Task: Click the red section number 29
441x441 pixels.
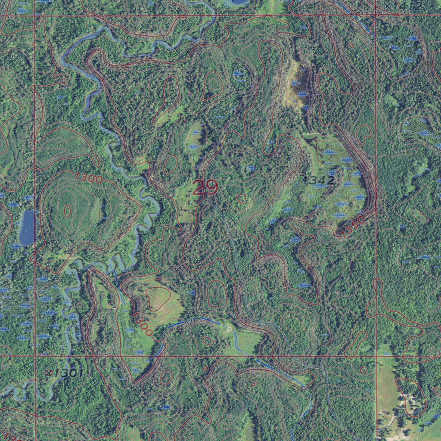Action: point(205,188)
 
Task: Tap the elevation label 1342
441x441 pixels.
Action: point(319,180)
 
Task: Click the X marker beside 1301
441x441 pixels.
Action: point(49,371)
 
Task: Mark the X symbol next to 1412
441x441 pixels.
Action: point(389,5)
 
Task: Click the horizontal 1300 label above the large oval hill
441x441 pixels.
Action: point(88,177)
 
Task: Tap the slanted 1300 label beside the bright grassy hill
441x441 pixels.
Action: point(142,324)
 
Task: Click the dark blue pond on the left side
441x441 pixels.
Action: point(27,227)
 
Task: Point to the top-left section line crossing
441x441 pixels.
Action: point(34,16)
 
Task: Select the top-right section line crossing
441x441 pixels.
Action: point(376,16)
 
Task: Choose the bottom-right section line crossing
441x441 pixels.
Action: point(376,356)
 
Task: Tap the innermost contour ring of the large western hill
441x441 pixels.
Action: point(67,211)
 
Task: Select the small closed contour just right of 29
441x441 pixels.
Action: point(242,199)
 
